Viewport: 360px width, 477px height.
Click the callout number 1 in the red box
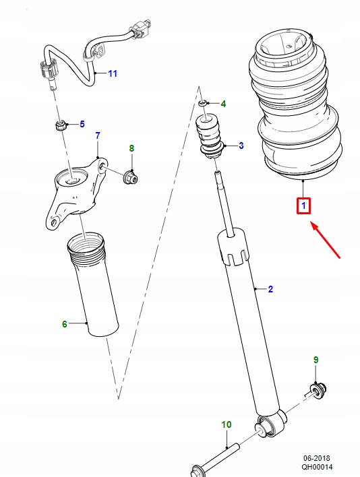click(303, 205)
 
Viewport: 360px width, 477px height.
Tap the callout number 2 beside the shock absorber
click(270, 290)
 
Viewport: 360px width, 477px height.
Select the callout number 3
click(241, 146)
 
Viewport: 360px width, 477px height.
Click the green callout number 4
click(223, 104)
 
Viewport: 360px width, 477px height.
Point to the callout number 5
click(82, 124)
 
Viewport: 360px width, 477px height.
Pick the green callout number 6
click(65, 324)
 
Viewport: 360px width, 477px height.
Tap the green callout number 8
click(131, 148)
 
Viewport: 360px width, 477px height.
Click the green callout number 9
click(315, 361)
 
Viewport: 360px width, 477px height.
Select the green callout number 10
click(227, 424)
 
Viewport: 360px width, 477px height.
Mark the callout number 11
click(112, 73)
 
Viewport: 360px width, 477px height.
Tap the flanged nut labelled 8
click(130, 177)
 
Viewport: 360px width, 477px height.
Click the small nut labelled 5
click(60, 125)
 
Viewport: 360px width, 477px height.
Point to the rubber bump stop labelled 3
click(209, 138)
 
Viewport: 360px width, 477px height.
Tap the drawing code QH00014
click(316, 467)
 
